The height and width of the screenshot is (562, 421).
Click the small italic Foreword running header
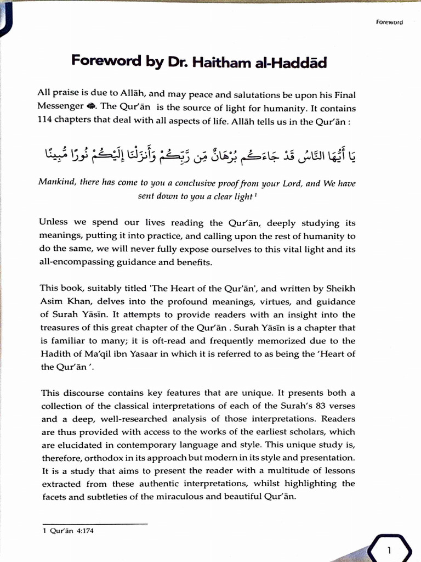coord(390,23)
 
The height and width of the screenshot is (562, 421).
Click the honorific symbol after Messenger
coord(90,107)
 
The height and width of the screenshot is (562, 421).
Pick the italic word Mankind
coord(56,183)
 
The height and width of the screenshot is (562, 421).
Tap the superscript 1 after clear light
coord(256,194)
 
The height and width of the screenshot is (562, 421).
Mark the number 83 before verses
coord(323,406)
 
